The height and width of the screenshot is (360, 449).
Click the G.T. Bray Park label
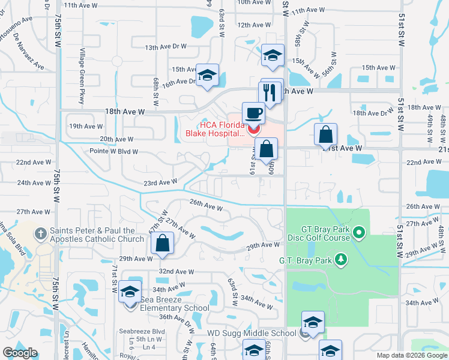306,260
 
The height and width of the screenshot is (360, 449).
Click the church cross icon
41,233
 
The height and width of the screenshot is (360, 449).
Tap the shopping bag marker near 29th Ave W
162,244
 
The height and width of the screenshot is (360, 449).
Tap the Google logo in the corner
20,353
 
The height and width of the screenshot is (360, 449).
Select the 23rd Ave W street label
160,182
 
